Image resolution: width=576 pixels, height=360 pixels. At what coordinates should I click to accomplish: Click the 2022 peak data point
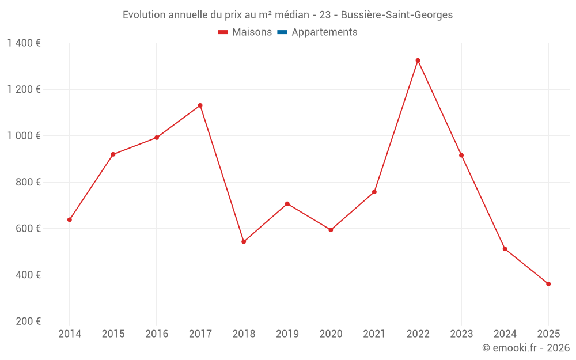click(x=418, y=60)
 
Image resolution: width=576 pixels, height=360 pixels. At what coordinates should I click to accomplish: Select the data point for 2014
click(x=70, y=219)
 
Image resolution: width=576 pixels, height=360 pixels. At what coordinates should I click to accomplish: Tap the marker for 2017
click(x=200, y=105)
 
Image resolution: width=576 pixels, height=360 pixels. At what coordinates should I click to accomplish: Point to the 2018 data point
click(x=244, y=242)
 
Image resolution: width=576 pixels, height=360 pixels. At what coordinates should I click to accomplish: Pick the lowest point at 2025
click(x=548, y=284)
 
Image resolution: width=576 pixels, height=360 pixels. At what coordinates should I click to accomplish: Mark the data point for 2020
click(x=331, y=230)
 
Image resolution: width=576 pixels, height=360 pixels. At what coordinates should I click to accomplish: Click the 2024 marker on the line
click(x=505, y=249)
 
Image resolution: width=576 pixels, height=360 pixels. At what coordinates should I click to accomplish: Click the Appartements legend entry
click(x=324, y=32)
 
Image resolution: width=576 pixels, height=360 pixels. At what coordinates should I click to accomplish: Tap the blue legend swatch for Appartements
click(x=282, y=32)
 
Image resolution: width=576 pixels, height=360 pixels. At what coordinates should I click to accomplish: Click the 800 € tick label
click(x=29, y=182)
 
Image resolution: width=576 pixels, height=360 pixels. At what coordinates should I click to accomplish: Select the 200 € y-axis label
click(x=29, y=321)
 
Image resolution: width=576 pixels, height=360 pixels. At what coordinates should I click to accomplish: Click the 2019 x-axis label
click(x=287, y=334)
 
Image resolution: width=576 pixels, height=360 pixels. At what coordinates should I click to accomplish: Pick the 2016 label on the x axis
click(x=157, y=334)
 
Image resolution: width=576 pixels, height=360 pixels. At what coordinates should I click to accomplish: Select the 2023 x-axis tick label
click(x=461, y=334)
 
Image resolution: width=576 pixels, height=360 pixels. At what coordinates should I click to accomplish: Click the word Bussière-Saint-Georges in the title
click(x=397, y=15)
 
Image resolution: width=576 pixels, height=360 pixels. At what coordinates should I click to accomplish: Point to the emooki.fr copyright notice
click(x=525, y=348)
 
